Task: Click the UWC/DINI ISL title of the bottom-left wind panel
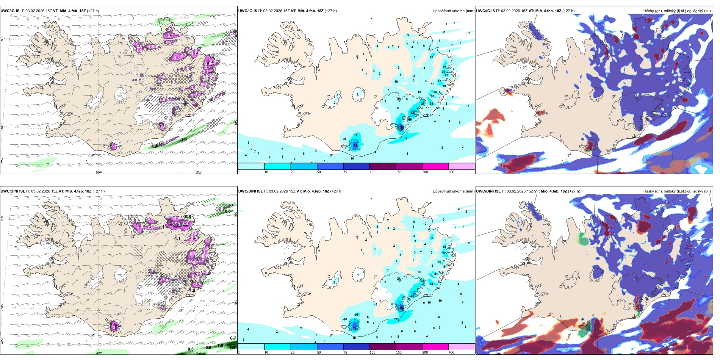click(13, 191)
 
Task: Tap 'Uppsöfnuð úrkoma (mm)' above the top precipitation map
click(453, 11)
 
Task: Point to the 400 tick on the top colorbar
click(451, 172)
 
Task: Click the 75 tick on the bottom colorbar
click(345, 352)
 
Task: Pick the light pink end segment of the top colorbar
click(462, 166)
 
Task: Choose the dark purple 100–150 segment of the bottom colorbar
click(382, 347)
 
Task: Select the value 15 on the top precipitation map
click(432, 57)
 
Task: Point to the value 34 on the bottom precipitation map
click(431, 284)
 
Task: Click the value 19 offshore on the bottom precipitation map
click(398, 321)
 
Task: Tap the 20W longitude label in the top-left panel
click(99, 172)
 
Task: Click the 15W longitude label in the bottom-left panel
click(198, 353)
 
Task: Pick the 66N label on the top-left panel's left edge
click(2, 39)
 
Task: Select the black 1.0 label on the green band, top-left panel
click(184, 140)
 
